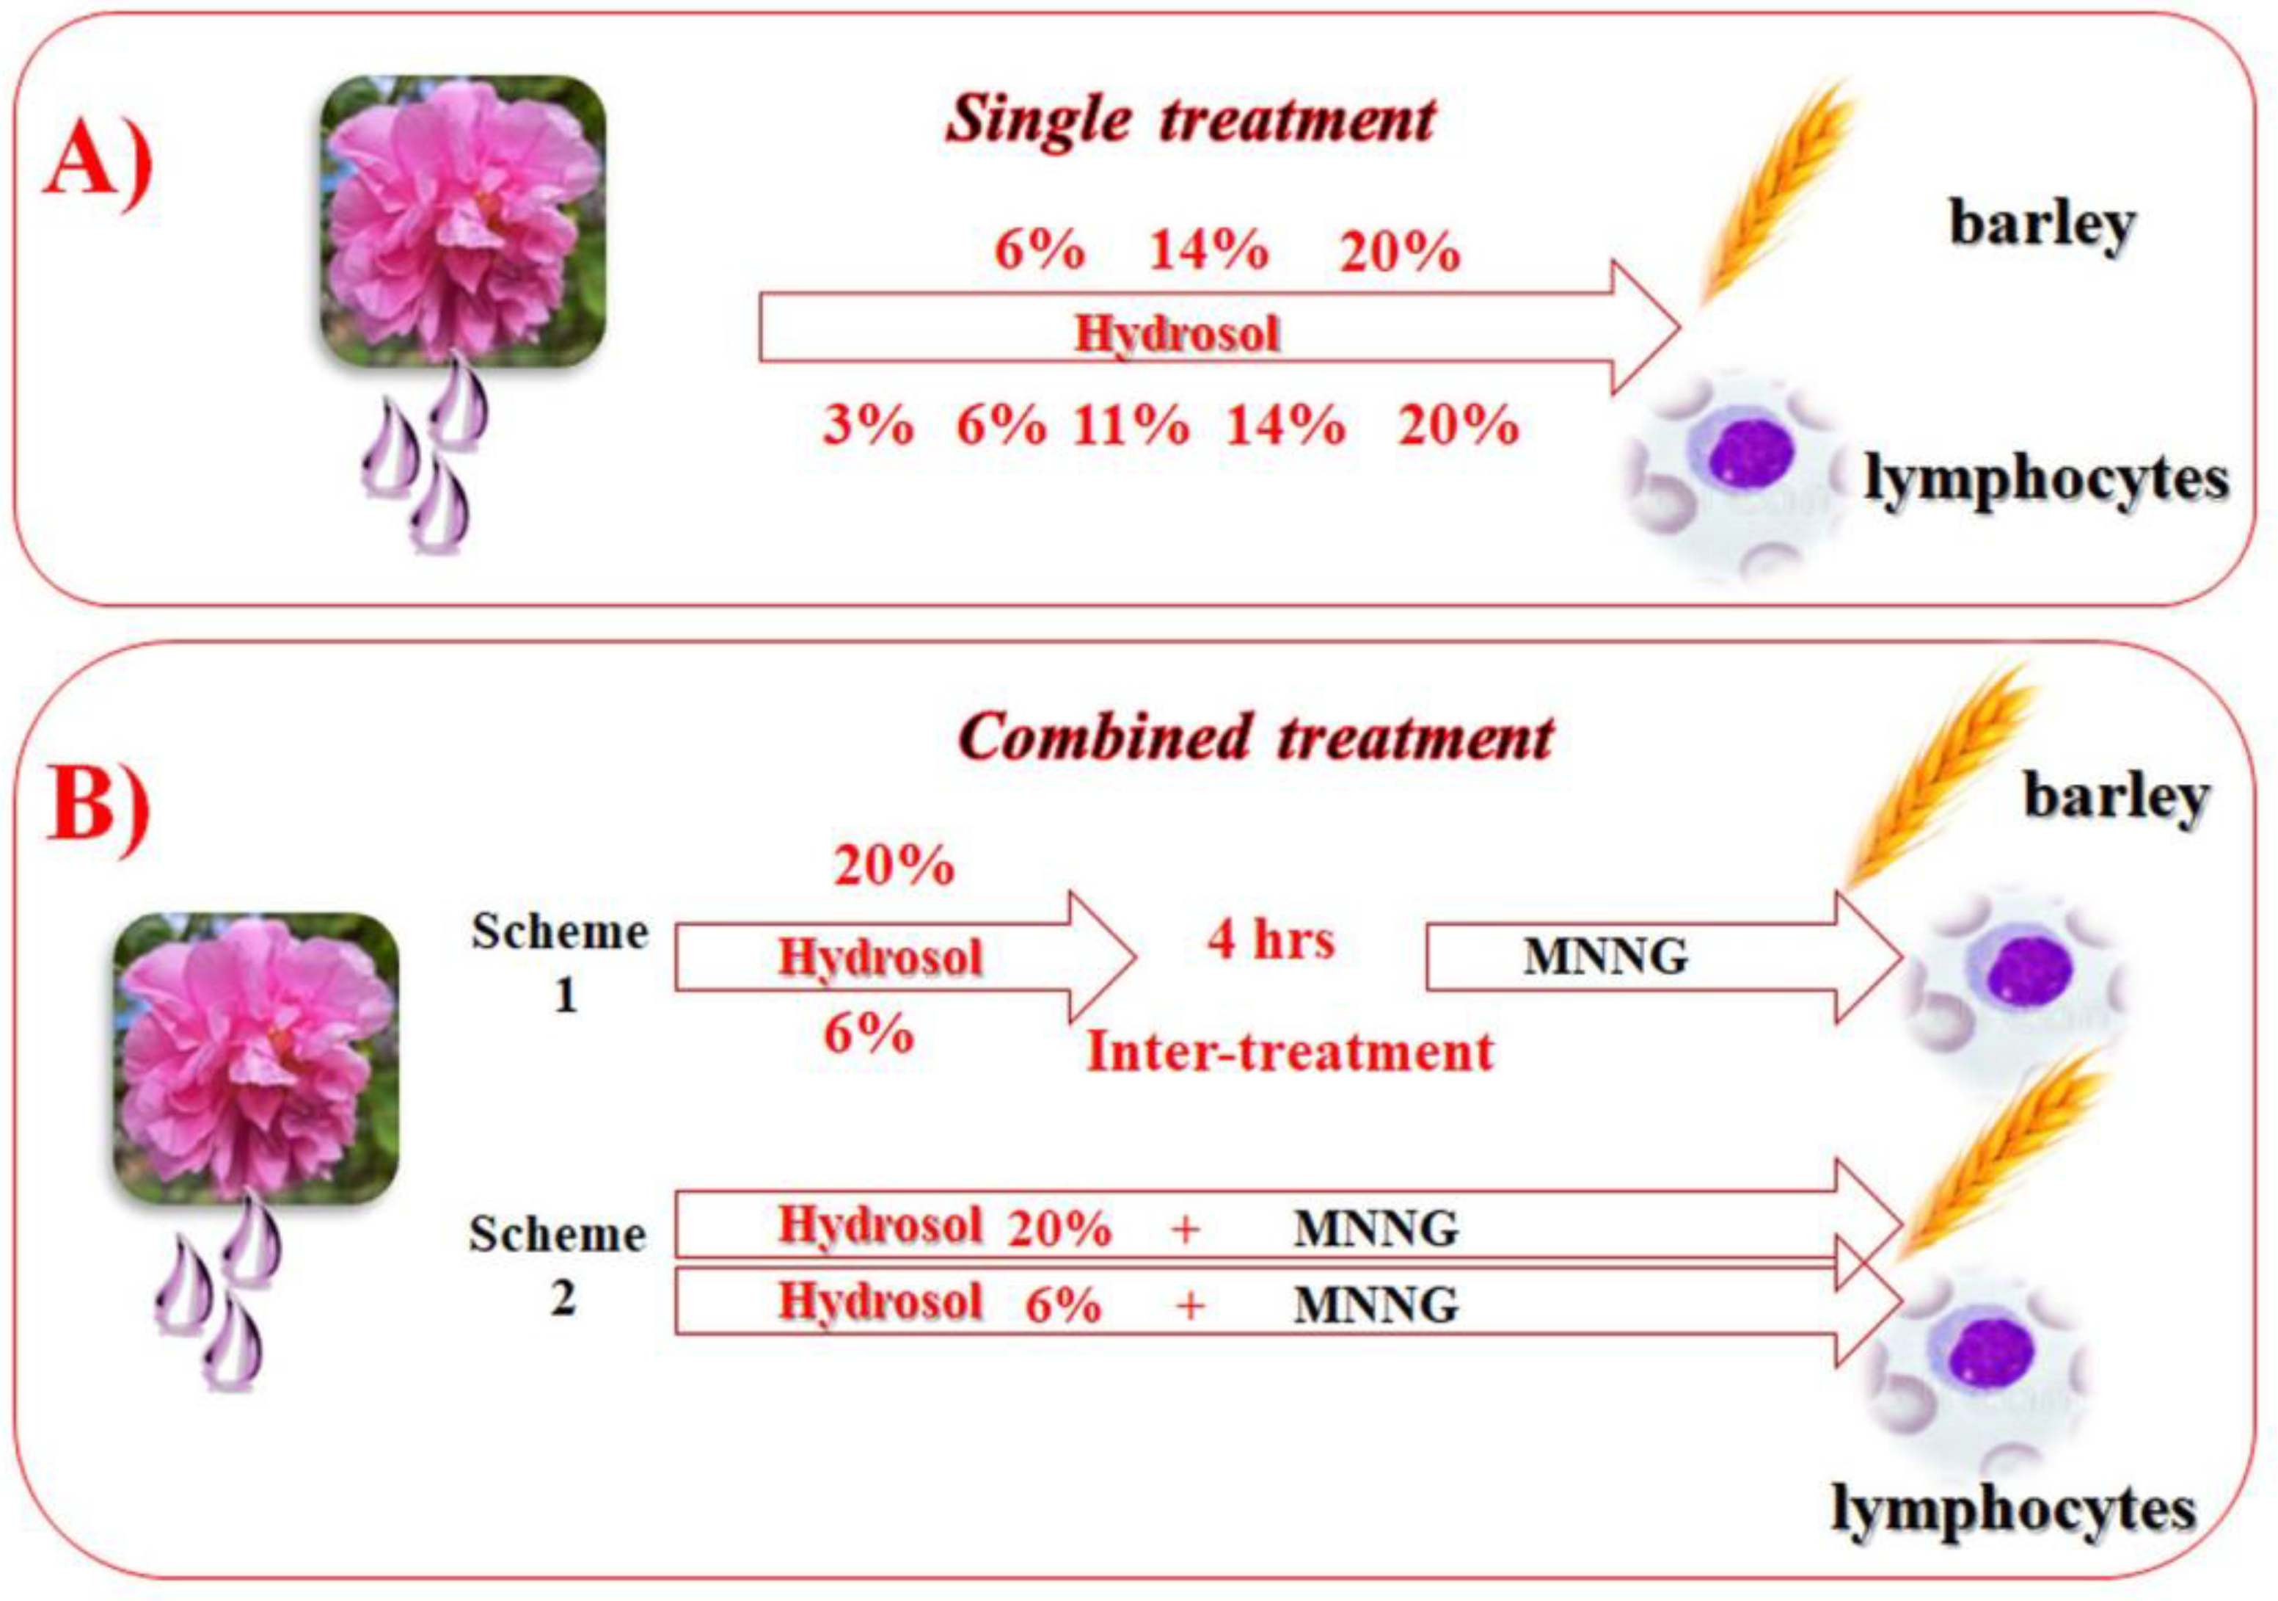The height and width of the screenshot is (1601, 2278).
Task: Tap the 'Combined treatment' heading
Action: pyautogui.click(x=1256, y=738)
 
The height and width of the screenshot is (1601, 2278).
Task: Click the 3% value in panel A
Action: pyautogui.click(x=867, y=426)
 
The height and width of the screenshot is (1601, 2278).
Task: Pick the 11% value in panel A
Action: pyautogui.click(x=1130, y=426)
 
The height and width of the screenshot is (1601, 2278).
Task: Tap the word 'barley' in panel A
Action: pyautogui.click(x=2042, y=225)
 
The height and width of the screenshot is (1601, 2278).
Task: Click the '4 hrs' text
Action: pyautogui.click(x=1270, y=938)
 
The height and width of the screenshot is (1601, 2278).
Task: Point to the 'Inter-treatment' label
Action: pyautogui.click(x=1290, y=1051)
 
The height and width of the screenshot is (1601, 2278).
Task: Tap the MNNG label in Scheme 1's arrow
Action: pyautogui.click(x=1605, y=956)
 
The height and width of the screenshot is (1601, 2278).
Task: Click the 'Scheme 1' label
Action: pyautogui.click(x=561, y=961)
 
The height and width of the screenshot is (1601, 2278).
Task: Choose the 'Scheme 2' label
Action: pyautogui.click(x=558, y=1263)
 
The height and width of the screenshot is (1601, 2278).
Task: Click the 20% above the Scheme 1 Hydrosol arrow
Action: pyautogui.click(x=894, y=866)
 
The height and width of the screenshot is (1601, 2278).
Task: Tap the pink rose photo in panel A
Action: pyautogui.click(x=462, y=220)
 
